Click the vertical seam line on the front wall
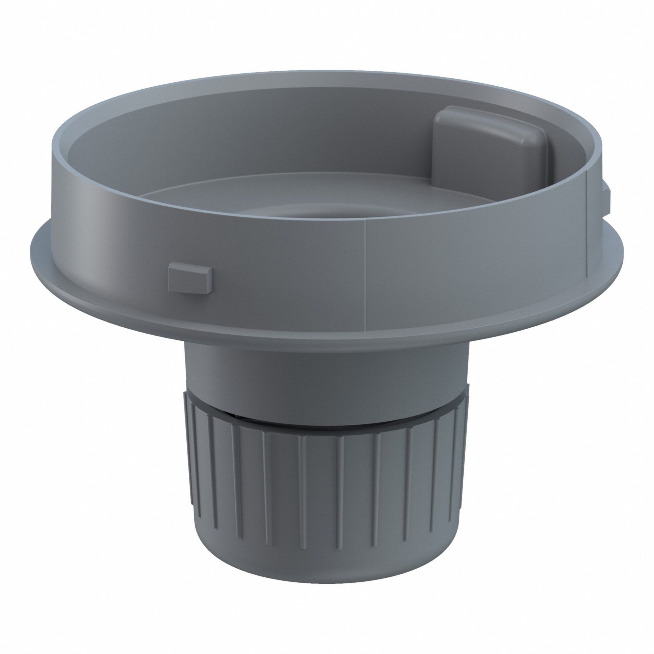[366, 271]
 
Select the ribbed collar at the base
[325, 491]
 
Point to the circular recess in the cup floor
[325, 212]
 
